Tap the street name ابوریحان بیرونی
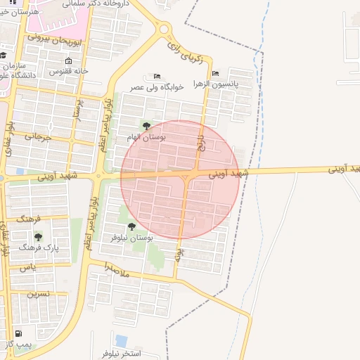57,39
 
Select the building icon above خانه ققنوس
68,60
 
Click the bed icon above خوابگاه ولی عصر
157,76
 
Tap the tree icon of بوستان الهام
146,127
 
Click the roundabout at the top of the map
165,30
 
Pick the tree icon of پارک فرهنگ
38,237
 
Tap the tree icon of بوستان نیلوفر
131,226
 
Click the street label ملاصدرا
115,268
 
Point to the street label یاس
27,268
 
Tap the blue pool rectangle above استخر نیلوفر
122,340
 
